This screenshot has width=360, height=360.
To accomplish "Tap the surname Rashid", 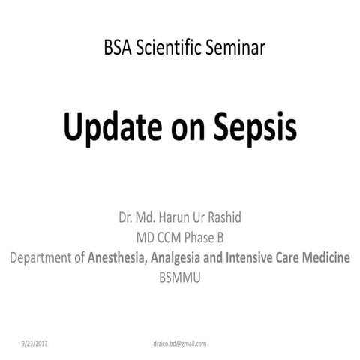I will click(238, 218).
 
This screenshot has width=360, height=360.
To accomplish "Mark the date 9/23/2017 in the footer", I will click(34, 343).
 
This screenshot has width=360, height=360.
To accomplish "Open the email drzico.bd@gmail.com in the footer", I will click(179, 343).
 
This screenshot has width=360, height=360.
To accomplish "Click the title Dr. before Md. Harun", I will click(125, 218).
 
